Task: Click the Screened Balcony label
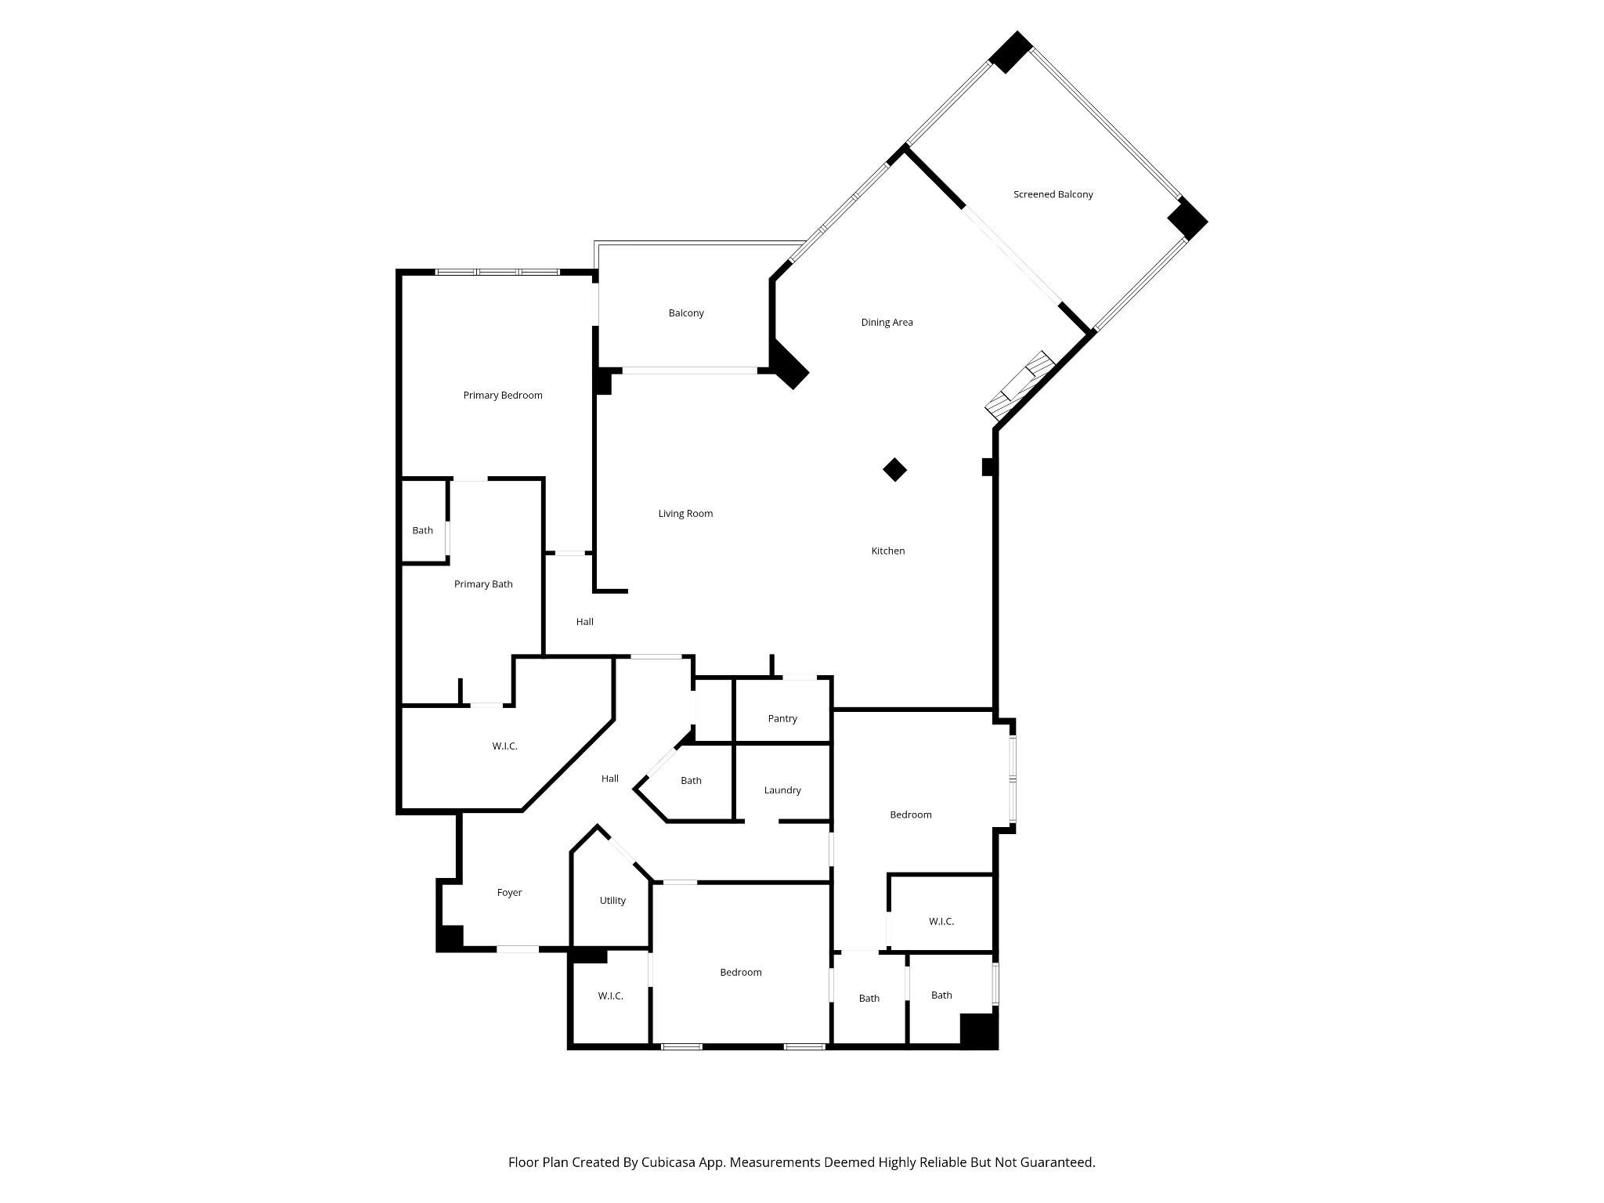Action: point(1053,194)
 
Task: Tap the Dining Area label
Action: point(887,322)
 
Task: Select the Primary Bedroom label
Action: point(503,396)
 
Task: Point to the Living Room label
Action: point(685,514)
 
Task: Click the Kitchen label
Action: point(888,551)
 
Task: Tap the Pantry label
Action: point(782,718)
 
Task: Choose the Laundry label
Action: point(782,790)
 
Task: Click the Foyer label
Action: point(509,892)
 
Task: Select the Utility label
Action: point(612,901)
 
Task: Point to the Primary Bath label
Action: point(483,584)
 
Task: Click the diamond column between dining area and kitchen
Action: point(895,470)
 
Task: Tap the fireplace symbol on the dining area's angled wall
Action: point(1020,385)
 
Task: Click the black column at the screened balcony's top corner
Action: point(1010,52)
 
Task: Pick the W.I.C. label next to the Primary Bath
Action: point(504,746)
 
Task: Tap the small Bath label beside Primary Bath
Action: point(423,530)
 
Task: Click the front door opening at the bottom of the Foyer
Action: point(518,949)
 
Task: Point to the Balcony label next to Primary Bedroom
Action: point(686,313)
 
